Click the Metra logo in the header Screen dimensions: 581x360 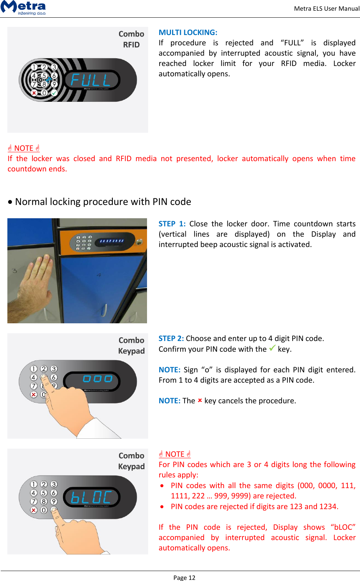(x=23, y=7)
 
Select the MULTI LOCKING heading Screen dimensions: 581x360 (x=188, y=32)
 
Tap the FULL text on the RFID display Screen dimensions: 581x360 (x=91, y=80)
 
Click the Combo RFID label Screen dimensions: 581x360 (x=131, y=39)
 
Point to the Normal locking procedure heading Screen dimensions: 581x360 (x=103, y=202)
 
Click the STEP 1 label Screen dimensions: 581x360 (x=172, y=224)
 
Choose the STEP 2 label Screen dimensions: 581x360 (x=171, y=338)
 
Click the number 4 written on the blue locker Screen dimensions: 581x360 (x=99, y=275)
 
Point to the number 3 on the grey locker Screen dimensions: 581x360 (x=14, y=271)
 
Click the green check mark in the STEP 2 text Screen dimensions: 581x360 (x=272, y=348)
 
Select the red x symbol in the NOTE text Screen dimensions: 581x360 (x=200, y=400)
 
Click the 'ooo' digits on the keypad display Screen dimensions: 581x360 (x=97, y=379)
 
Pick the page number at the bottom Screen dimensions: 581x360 (x=184, y=577)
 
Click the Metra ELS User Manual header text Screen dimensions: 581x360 (x=326, y=8)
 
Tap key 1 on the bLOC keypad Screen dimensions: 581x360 (x=34, y=484)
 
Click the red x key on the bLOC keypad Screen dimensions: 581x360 (x=34, y=510)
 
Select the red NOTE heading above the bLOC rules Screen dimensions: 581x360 (x=175, y=454)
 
